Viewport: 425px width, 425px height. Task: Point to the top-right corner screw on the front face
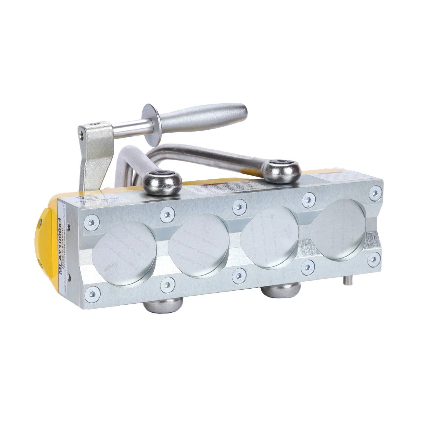(x=375, y=193)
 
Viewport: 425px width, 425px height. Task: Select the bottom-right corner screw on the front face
(x=374, y=259)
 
